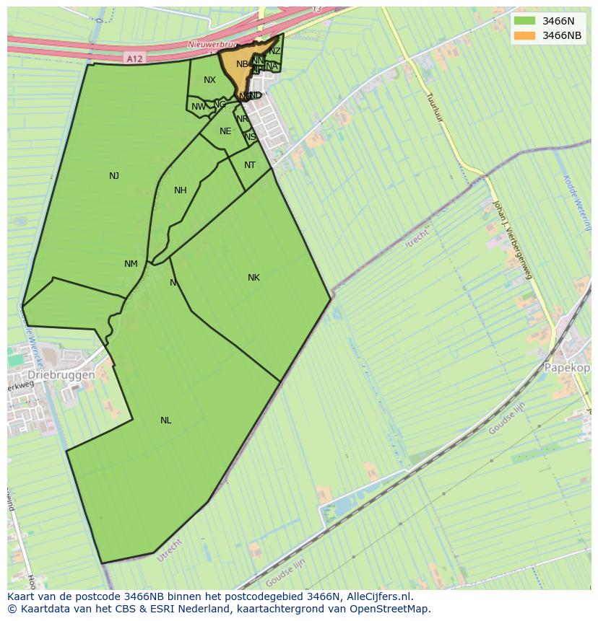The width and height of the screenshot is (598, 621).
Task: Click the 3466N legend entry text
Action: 558,21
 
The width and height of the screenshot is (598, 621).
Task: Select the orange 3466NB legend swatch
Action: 525,35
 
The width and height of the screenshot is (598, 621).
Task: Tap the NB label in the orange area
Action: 242,64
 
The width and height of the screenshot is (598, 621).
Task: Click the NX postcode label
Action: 209,80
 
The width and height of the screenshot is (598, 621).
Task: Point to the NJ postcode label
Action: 114,176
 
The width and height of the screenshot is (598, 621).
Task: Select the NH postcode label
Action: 181,190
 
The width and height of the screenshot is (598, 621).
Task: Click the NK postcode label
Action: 253,278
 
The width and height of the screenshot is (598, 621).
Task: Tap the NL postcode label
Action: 166,420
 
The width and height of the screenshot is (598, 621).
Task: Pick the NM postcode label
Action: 131,264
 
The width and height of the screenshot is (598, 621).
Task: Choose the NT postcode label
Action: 250,165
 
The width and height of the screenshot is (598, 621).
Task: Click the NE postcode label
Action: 225,131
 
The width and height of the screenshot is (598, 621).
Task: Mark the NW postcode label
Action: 199,107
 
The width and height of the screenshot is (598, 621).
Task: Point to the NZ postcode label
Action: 275,51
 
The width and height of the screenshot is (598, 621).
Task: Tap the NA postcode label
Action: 272,66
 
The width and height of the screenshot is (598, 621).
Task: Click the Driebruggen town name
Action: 61,376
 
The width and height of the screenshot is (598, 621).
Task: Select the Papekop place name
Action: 568,367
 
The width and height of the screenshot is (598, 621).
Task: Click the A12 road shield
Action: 133,58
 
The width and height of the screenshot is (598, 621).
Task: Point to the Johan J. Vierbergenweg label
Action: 512,239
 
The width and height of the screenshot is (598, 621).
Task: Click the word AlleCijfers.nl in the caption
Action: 378,597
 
